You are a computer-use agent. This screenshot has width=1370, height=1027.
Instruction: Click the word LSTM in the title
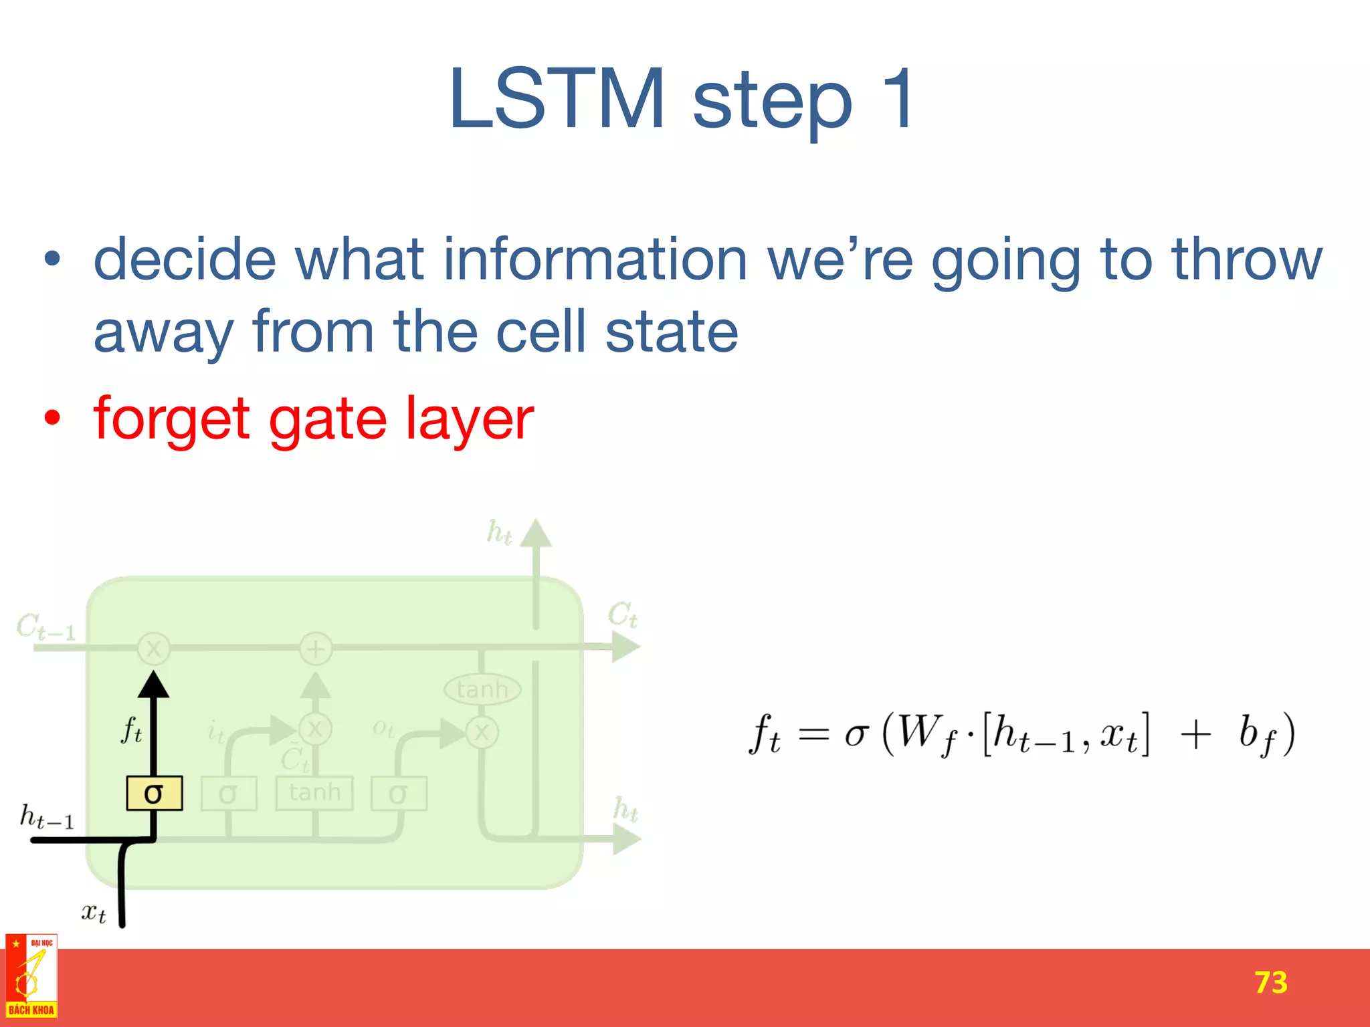click(x=557, y=99)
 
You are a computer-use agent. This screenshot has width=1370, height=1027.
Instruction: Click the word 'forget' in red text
click(x=172, y=419)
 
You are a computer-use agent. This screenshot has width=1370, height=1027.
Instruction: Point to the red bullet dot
click(x=52, y=419)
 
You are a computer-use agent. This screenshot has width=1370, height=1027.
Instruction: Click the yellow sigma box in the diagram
click(x=155, y=794)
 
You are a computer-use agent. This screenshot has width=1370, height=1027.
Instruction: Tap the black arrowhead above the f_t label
click(x=154, y=685)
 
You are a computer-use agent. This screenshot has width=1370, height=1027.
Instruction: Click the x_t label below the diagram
click(x=93, y=913)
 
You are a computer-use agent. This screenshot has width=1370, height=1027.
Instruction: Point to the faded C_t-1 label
click(x=45, y=627)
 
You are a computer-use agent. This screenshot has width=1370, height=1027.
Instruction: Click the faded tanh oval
click(x=482, y=689)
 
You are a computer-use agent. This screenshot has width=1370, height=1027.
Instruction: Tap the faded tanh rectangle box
click(x=314, y=793)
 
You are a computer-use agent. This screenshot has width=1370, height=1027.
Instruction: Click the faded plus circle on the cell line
click(x=316, y=649)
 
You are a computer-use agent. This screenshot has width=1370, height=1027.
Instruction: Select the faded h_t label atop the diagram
click(x=499, y=533)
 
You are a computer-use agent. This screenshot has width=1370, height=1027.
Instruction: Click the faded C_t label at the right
click(x=622, y=614)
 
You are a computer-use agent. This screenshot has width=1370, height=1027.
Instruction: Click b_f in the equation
click(x=1256, y=735)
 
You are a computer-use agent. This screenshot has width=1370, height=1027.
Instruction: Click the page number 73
click(x=1270, y=982)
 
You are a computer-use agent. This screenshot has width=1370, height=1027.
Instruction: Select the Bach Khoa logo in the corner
click(x=31, y=977)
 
